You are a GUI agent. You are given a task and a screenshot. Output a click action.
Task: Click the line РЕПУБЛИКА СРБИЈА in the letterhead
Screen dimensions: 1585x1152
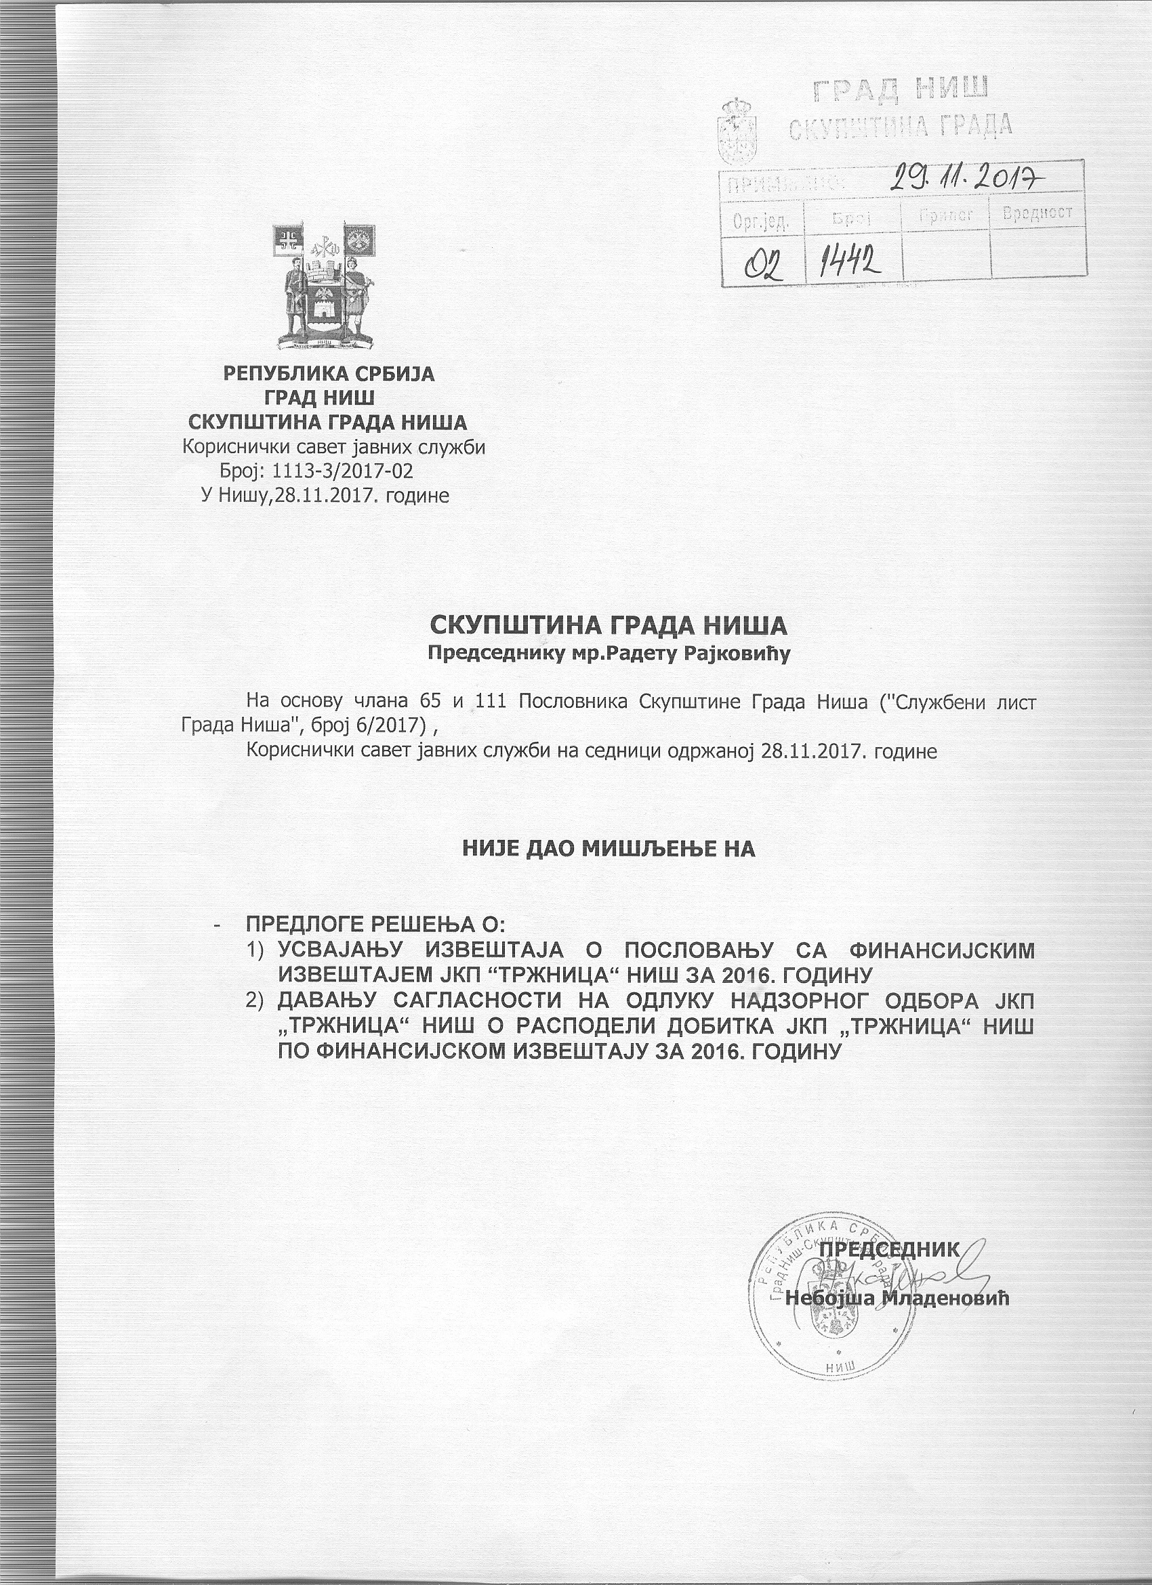pos(329,374)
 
